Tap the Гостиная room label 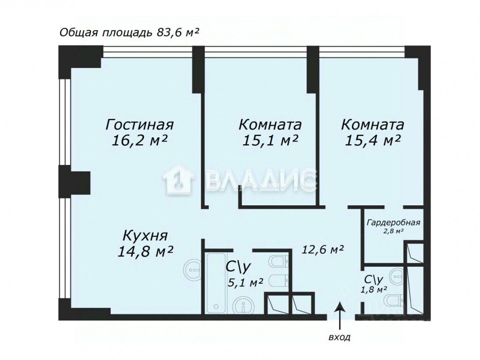click(x=140, y=125)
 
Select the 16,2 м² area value click(x=140, y=141)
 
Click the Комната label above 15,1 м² click(x=270, y=125)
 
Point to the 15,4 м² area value click(x=372, y=140)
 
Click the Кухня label click(x=145, y=235)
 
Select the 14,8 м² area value click(x=145, y=251)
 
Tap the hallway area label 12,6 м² click(x=323, y=250)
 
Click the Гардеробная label click(x=393, y=223)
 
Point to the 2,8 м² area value click(x=393, y=231)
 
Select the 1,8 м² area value click(x=374, y=289)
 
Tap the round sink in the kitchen click(x=193, y=268)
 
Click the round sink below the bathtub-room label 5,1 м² click(x=243, y=306)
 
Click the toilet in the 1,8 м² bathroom click(x=393, y=300)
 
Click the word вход click(x=339, y=337)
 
